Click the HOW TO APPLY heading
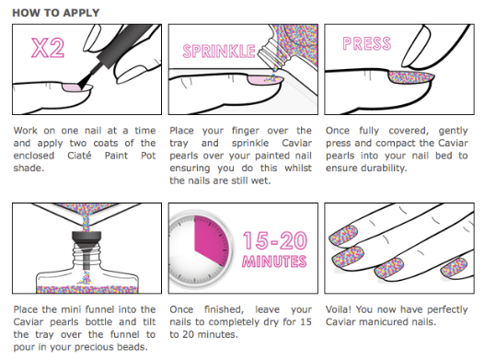[x=56, y=13]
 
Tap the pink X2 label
[x=48, y=48]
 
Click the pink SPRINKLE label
[x=219, y=51]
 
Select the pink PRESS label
[x=367, y=43]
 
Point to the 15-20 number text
[x=275, y=240]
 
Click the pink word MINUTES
[x=274, y=261]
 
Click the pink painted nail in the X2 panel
[x=72, y=87]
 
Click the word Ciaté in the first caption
[x=79, y=155]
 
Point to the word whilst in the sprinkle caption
[x=298, y=168]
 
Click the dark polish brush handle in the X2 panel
[x=121, y=47]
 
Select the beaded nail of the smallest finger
[x=454, y=268]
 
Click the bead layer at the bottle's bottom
[x=87, y=290]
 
